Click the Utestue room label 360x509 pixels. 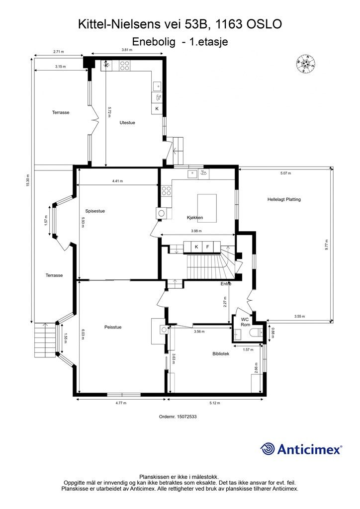point(127,123)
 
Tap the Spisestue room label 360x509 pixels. point(95,211)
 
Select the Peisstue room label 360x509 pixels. point(113,327)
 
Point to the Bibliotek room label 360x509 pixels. point(221,353)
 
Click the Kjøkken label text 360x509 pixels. point(195,218)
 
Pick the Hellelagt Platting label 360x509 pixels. point(284,199)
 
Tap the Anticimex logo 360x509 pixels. point(301,449)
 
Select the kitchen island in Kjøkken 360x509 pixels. point(207,208)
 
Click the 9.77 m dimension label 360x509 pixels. point(327,244)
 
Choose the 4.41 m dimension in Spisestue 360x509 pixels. point(117,181)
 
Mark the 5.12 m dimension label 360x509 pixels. point(215,403)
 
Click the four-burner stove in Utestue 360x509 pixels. point(125,66)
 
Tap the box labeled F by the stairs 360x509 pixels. point(208,247)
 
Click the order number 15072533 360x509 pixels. point(178,416)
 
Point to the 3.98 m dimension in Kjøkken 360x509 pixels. point(196,231)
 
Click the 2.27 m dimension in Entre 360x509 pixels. point(226,303)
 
